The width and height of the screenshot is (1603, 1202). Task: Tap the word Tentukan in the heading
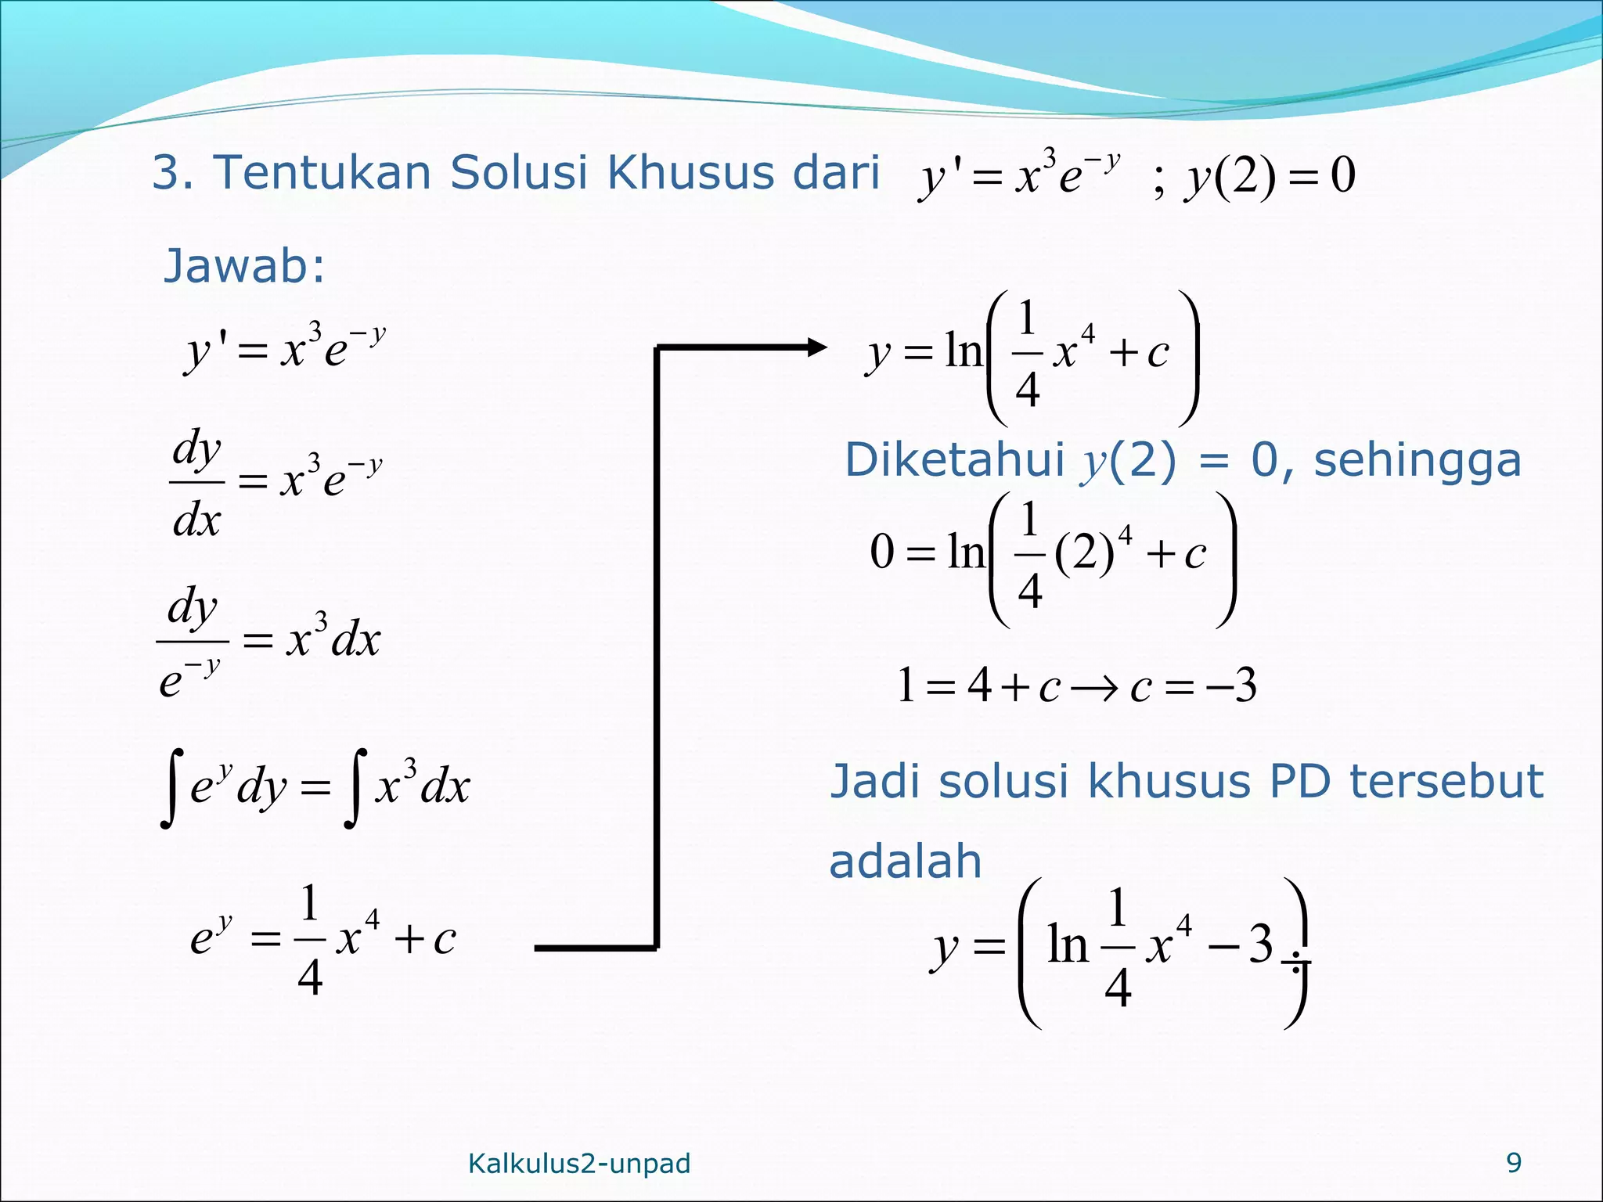322,172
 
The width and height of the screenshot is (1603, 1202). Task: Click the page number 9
1514,1163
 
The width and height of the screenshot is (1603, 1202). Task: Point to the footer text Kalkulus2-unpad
579,1164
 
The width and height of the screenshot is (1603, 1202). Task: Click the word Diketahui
954,460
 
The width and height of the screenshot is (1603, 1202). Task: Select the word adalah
905,862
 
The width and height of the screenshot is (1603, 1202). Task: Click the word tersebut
1446,782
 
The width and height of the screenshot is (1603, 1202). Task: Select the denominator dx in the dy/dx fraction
196,519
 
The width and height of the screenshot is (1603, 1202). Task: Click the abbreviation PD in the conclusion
1300,782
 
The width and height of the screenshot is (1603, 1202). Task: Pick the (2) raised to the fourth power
1085,554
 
